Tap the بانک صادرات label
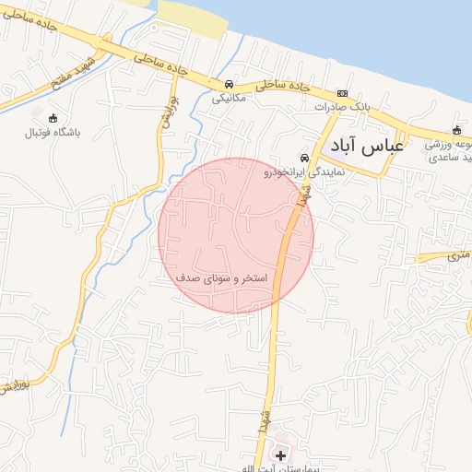pyautogui.click(x=342, y=107)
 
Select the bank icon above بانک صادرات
pyautogui.click(x=342, y=93)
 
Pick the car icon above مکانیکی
pyautogui.click(x=229, y=83)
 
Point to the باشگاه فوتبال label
pyautogui.click(x=53, y=133)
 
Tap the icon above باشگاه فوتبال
pyautogui.click(x=53, y=118)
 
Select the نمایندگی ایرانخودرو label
pyautogui.click(x=305, y=171)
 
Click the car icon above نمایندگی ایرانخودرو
pyautogui.click(x=305, y=158)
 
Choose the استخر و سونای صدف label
pyautogui.click(x=221, y=277)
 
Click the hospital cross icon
pyautogui.click(x=281, y=455)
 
